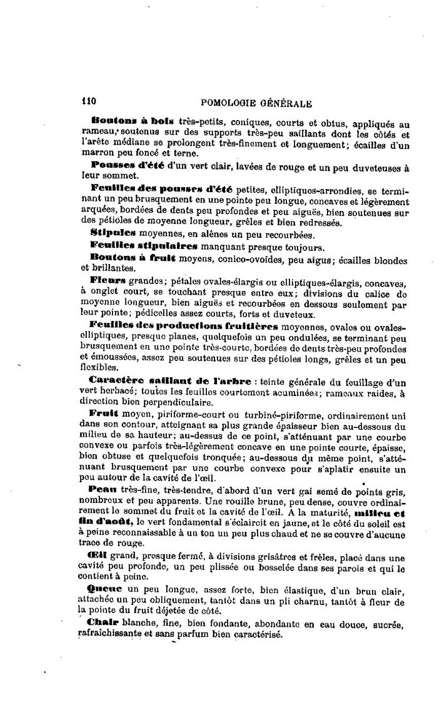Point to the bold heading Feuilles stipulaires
tap(135, 245)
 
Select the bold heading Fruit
tap(104, 414)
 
